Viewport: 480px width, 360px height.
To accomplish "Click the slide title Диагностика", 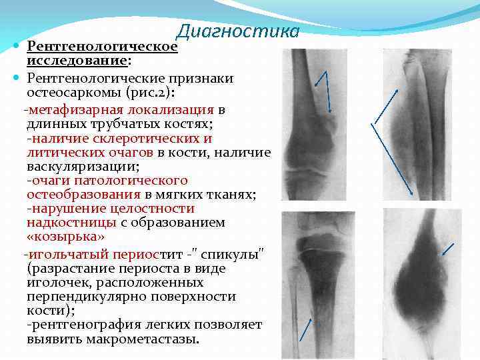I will (x=237, y=31).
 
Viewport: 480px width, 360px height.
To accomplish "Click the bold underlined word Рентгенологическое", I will (x=102, y=47).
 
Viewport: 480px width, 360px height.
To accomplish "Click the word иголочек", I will (x=57, y=283).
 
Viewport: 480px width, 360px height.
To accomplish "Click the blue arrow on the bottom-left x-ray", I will (x=305, y=329).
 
